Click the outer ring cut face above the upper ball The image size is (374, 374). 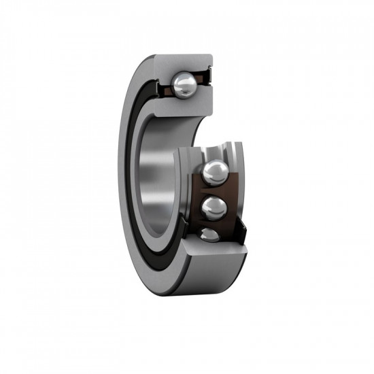187,63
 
